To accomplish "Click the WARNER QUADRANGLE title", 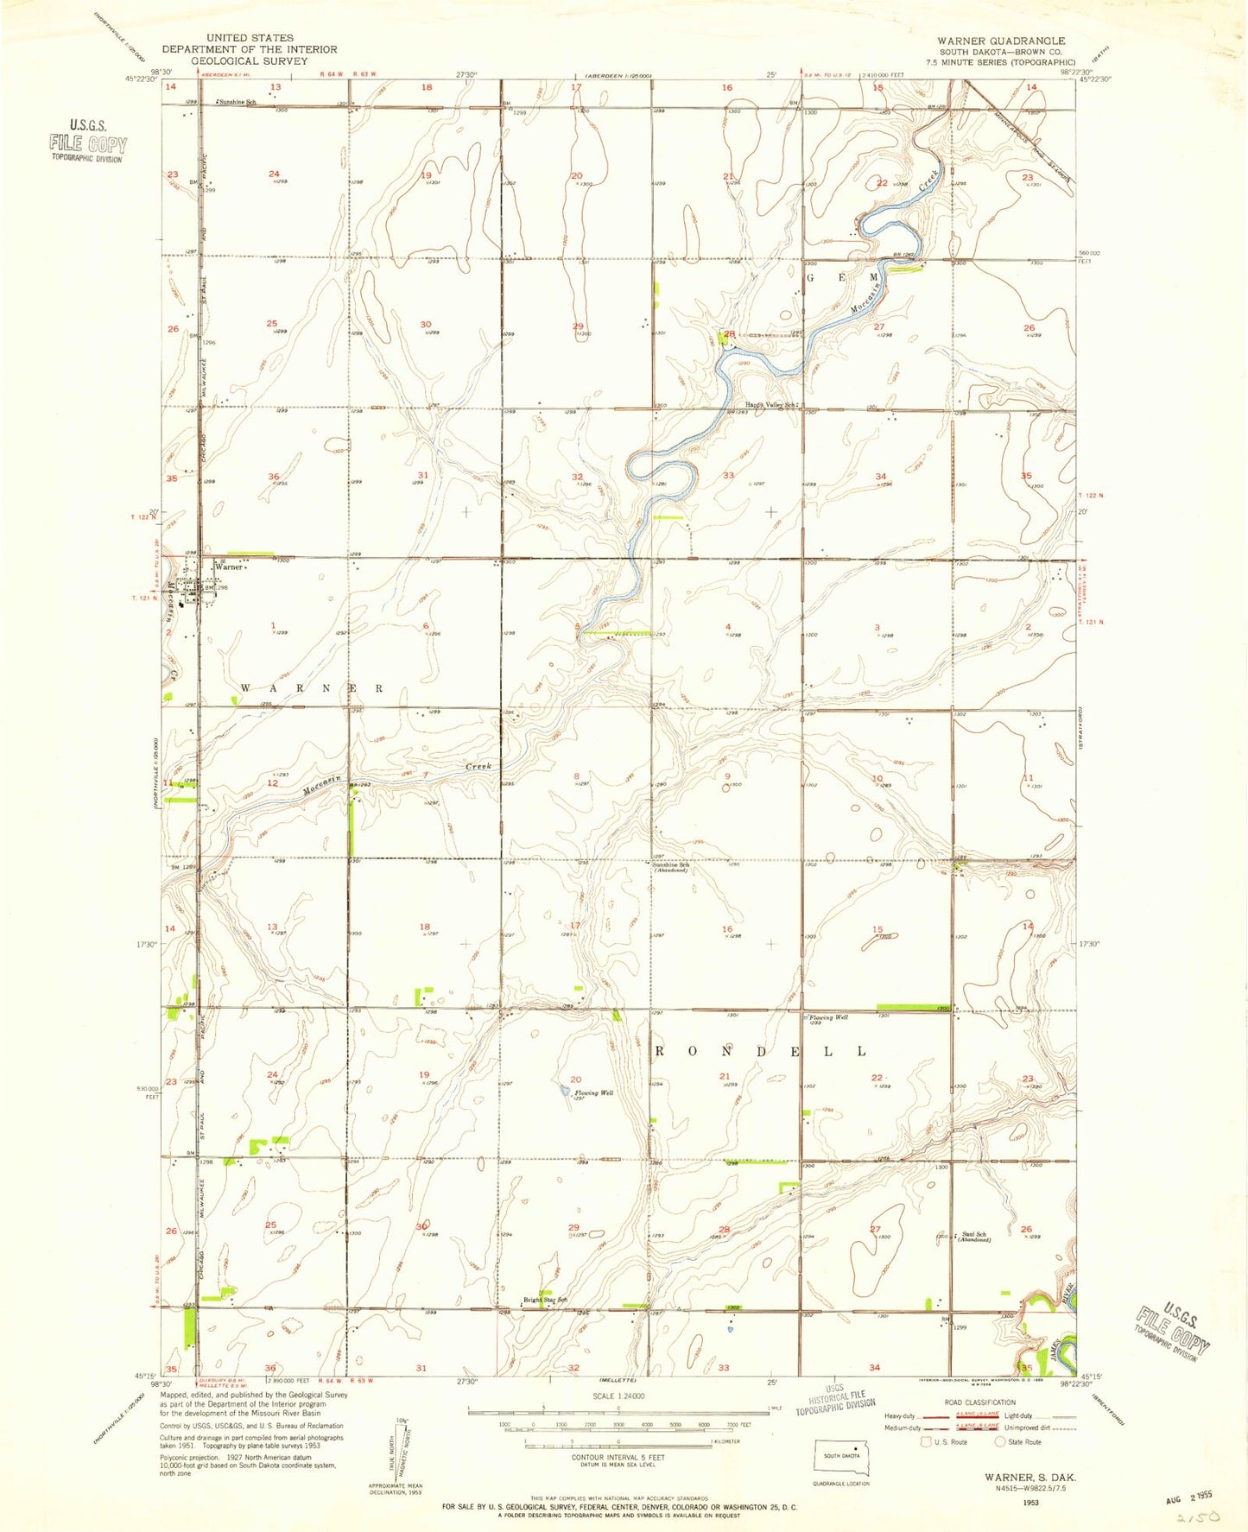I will click(1001, 41).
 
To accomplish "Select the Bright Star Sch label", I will click(545, 1300).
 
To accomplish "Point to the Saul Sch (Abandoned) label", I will click(975, 1237).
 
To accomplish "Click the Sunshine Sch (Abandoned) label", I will click(671, 867).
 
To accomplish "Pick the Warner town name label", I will click(229, 567).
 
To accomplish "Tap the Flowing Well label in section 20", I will click(594, 1092).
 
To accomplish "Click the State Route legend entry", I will click(1019, 1441).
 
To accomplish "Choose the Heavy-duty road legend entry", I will click(898, 1416).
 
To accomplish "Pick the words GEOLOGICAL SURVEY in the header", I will click(249, 61).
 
